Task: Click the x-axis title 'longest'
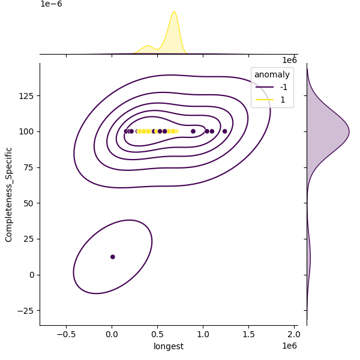(168, 346)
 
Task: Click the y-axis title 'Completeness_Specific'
(9, 194)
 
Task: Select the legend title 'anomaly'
(272, 74)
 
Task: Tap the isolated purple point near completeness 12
(113, 257)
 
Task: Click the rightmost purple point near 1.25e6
(225, 131)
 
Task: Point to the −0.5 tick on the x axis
(66, 334)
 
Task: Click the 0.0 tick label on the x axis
(112, 334)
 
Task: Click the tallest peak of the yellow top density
(174, 12)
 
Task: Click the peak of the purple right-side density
(348, 131)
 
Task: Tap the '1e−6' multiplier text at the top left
(51, 4)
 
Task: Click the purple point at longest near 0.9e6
(193, 131)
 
